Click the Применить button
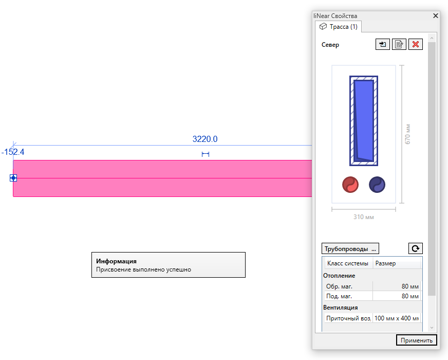click(416, 340)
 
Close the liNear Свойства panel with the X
click(436, 16)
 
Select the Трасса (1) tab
click(339, 27)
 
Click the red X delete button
click(416, 44)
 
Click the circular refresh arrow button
click(416, 248)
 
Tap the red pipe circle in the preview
click(350, 185)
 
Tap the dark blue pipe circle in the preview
click(377, 185)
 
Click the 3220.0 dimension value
click(205, 139)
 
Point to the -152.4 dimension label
click(13, 152)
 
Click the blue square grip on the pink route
click(13, 178)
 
